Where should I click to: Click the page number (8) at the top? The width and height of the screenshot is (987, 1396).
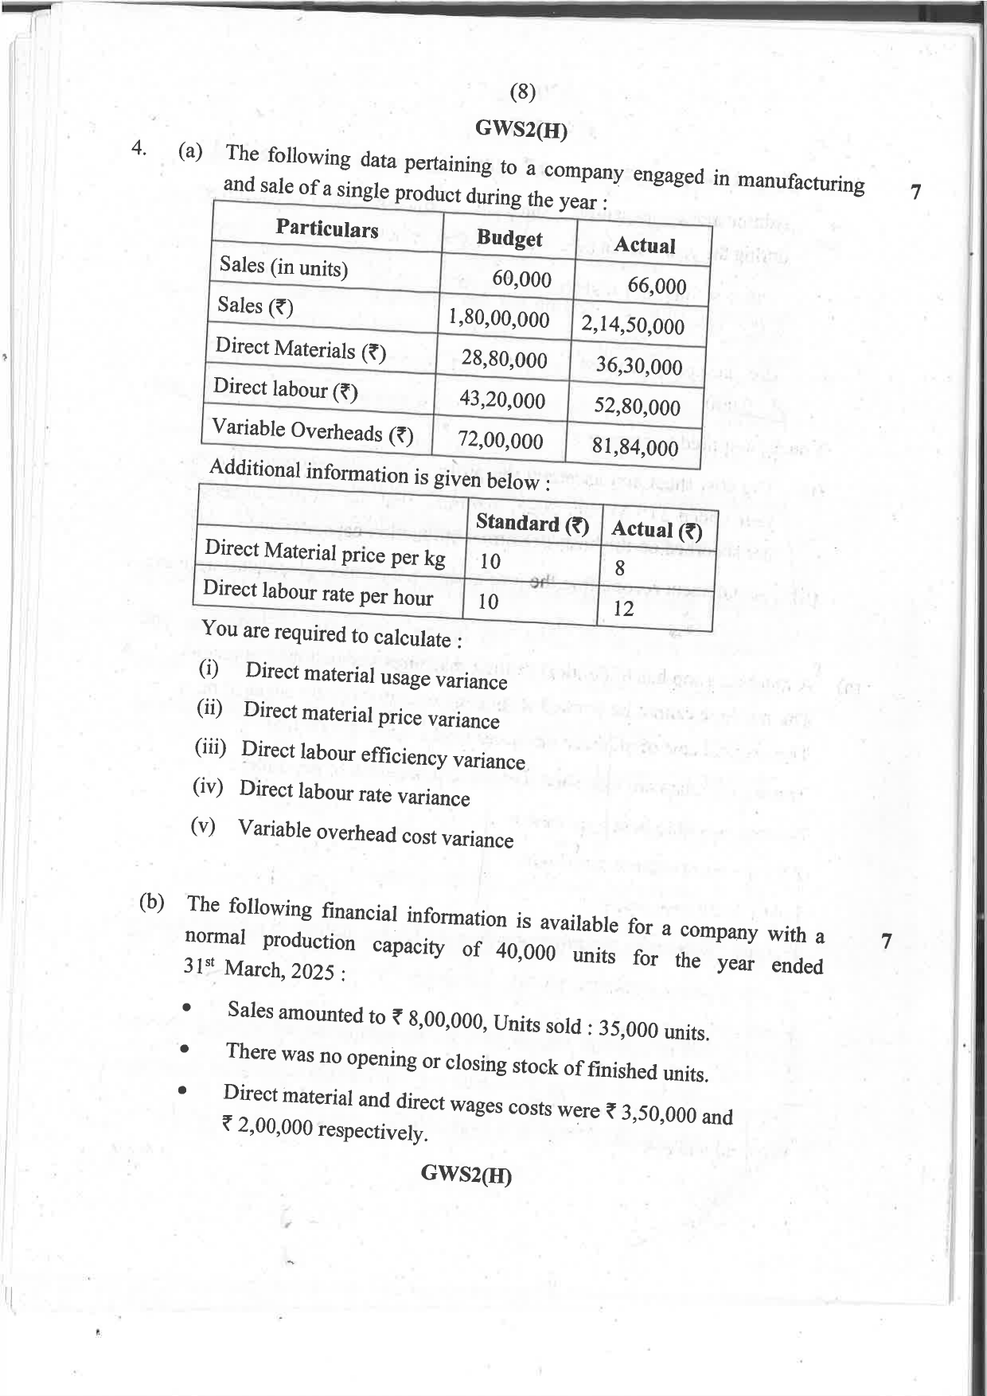tap(522, 92)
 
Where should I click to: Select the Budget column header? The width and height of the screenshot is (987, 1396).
tap(509, 238)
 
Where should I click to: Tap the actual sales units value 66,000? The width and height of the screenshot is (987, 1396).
tap(657, 285)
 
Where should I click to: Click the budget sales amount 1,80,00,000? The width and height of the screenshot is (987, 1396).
tap(499, 318)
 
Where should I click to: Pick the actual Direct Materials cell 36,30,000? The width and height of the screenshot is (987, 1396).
tap(639, 366)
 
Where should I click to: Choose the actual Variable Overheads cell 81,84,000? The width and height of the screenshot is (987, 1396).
tap(634, 446)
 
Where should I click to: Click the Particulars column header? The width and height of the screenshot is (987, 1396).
tap(327, 228)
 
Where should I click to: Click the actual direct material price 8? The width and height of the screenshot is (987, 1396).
tap(619, 568)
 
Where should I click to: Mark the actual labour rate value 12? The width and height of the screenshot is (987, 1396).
tap(623, 609)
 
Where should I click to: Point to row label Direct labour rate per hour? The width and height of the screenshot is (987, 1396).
tap(318, 593)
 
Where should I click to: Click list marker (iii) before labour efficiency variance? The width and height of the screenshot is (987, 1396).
tap(210, 747)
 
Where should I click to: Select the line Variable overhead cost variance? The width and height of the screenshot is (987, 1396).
tap(375, 833)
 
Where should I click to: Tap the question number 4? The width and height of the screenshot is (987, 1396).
tap(139, 148)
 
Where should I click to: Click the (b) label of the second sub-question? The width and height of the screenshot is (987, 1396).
tap(152, 902)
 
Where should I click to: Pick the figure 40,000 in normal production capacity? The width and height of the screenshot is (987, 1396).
tap(525, 951)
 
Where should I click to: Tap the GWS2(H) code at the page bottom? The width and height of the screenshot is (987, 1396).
tap(466, 1174)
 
